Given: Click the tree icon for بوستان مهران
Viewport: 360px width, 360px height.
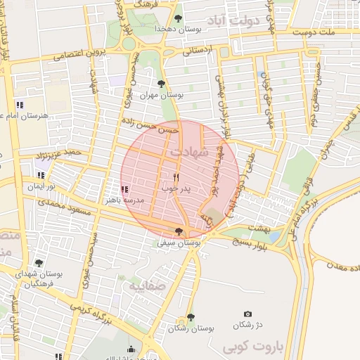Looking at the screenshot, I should (x=162, y=84).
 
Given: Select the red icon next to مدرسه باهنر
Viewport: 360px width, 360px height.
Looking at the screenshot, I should (x=124, y=189).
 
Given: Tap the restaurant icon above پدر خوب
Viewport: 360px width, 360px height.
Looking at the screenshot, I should (x=176, y=177).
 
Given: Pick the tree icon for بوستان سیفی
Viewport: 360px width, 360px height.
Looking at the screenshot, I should (x=179, y=231).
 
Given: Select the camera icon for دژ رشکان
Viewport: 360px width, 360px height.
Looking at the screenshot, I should (x=247, y=314).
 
